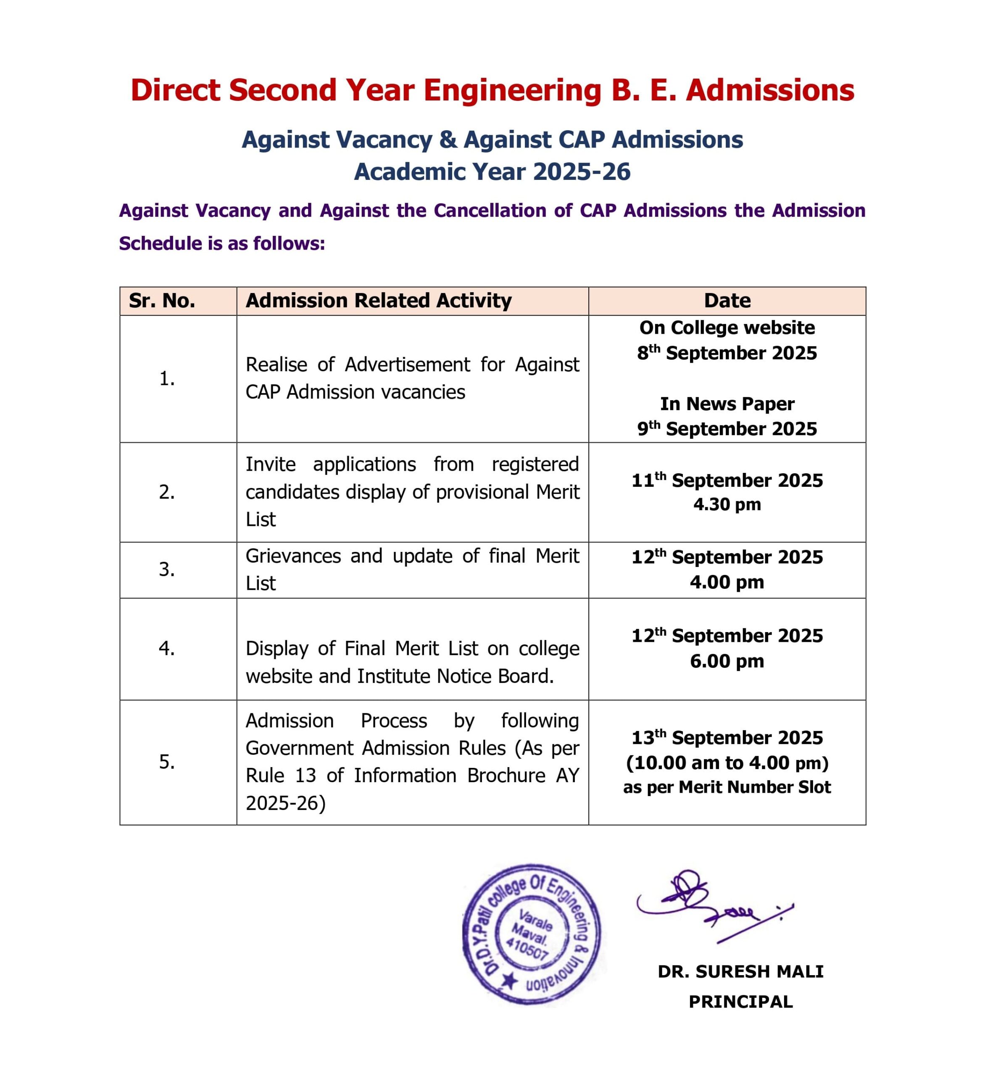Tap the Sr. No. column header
(162, 301)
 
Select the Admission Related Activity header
(378, 301)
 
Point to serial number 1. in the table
(166, 379)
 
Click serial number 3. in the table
(166, 570)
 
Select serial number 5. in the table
(166, 762)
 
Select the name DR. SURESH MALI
(740, 971)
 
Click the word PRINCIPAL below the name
(740, 1002)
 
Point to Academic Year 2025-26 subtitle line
(492, 172)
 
